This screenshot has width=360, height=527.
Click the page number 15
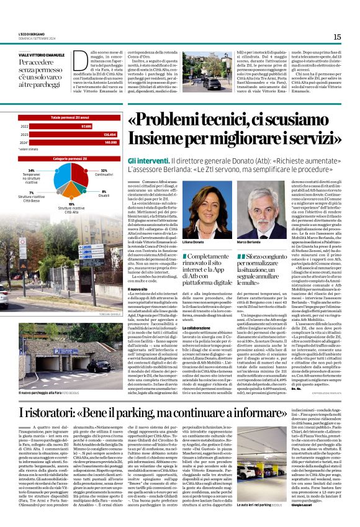pyautogui.click(x=337, y=37)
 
